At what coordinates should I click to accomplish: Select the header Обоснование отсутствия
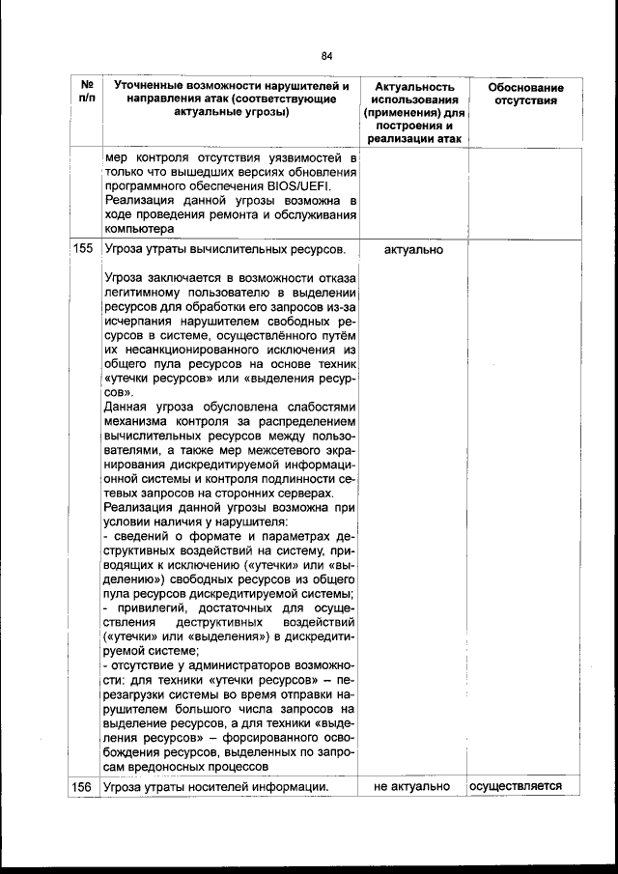coord(525,95)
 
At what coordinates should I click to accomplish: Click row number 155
coord(83,250)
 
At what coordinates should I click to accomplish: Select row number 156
coord(83,787)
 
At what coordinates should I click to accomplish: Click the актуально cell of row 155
coord(413,250)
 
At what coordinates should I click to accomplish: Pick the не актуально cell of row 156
coord(412,787)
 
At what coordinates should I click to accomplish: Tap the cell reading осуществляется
coord(516,787)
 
